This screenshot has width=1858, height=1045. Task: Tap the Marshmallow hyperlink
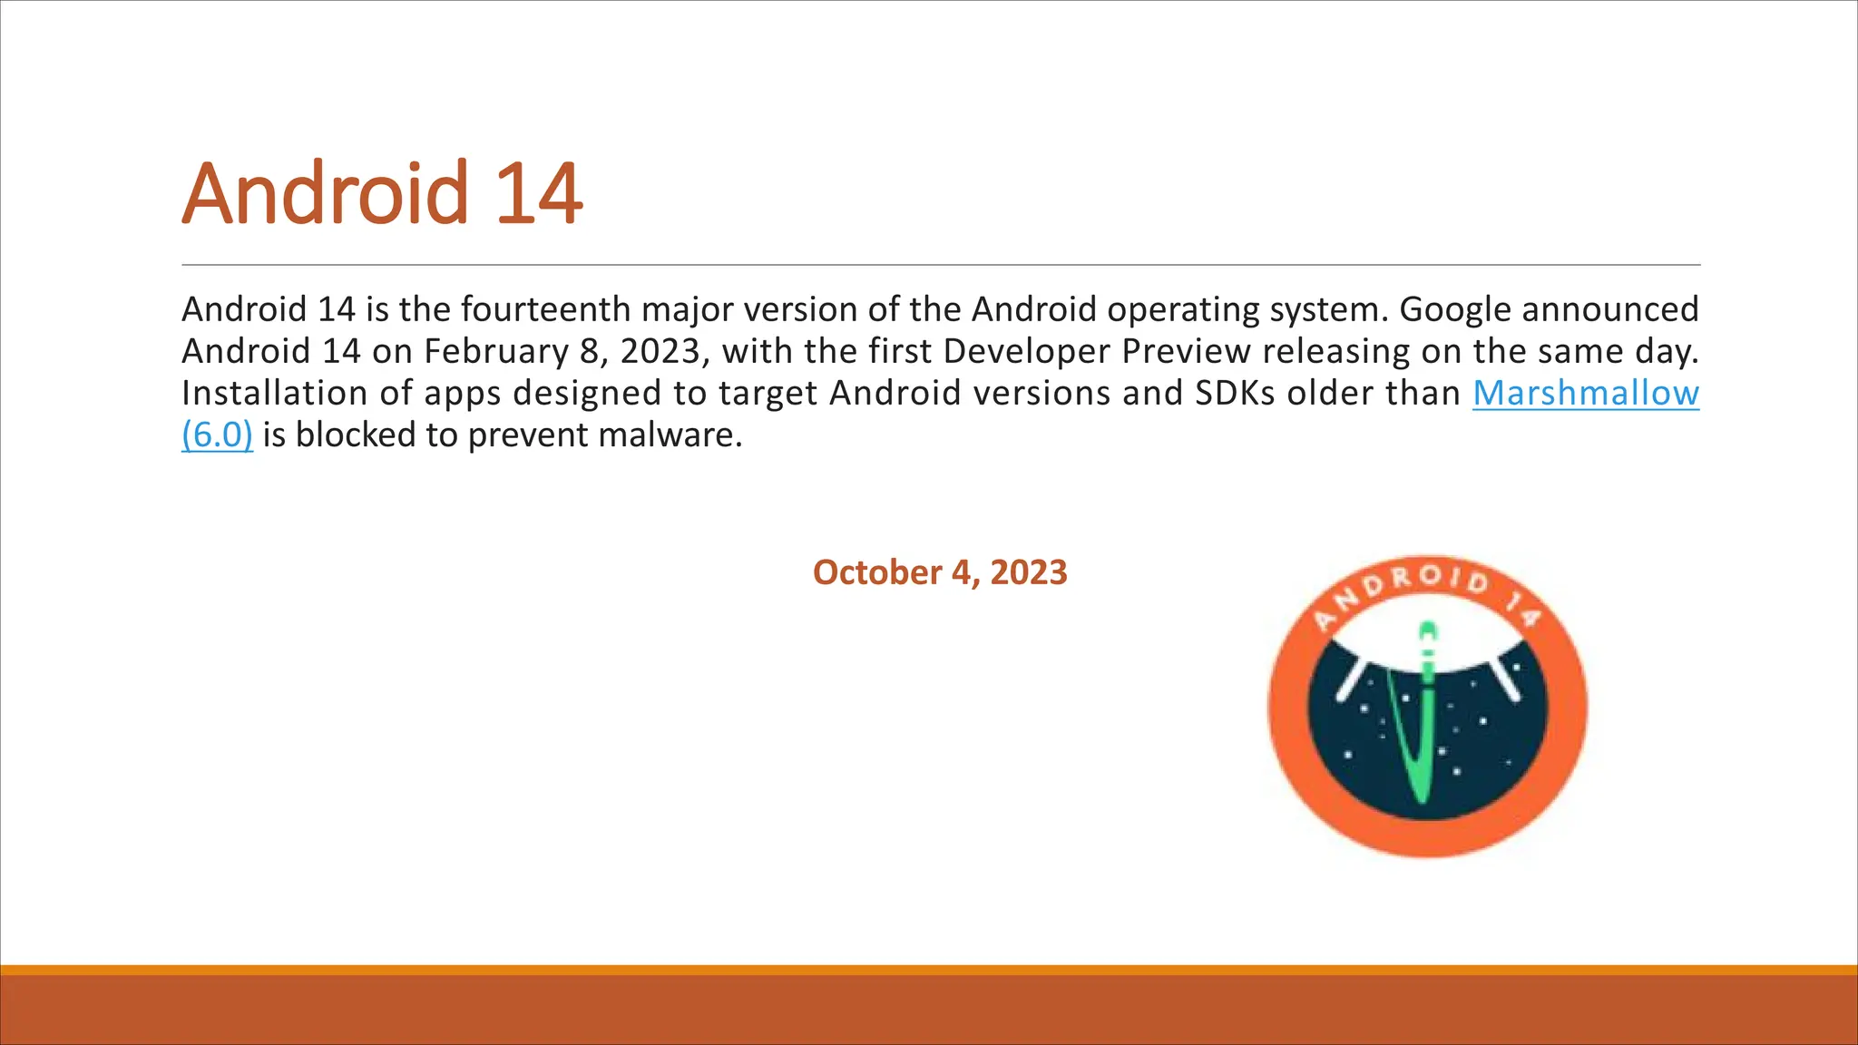tap(1585, 393)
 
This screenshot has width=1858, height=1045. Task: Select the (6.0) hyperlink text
tap(217, 435)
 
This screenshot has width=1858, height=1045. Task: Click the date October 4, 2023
tap(940, 572)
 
